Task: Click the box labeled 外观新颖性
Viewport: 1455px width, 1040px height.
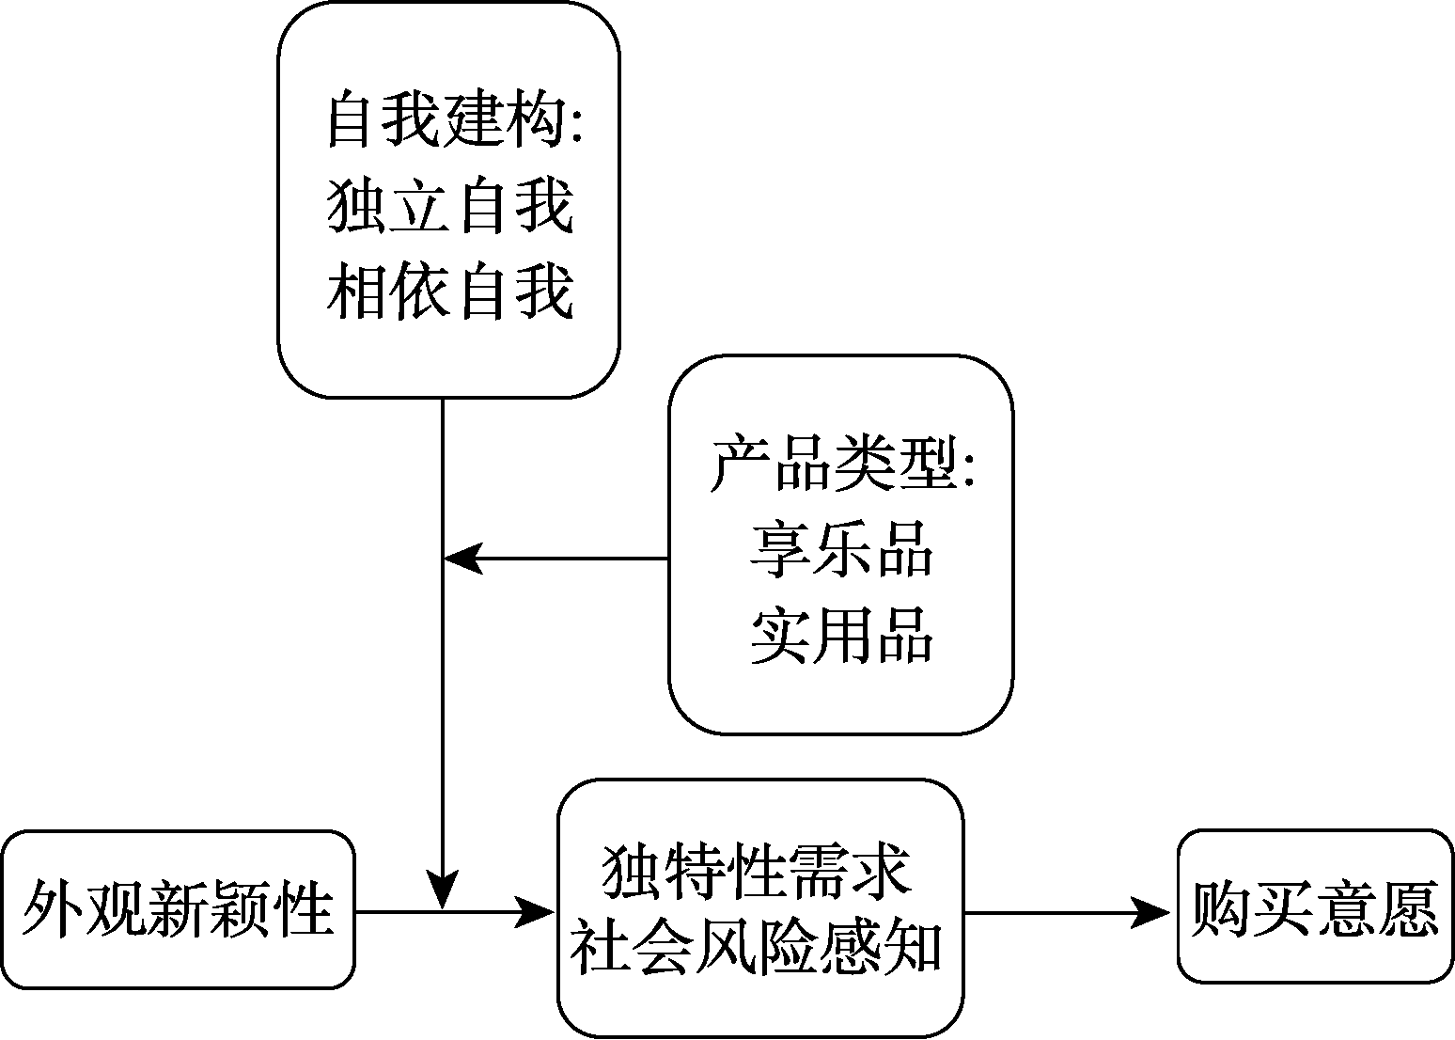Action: click(179, 909)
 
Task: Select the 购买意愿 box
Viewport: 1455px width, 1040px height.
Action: click(1315, 907)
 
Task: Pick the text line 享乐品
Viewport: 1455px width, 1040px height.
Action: click(841, 548)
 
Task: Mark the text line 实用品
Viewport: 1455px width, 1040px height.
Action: click(841, 635)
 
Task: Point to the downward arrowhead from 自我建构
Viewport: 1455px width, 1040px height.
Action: click(443, 890)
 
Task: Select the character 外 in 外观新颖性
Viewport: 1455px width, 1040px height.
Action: click(53, 909)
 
